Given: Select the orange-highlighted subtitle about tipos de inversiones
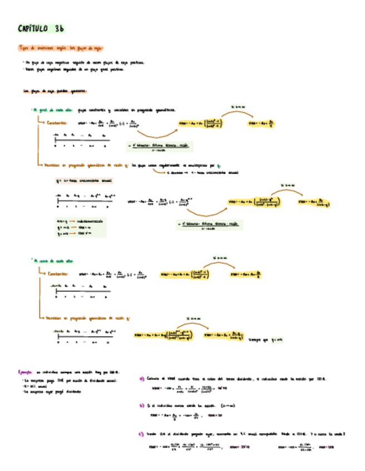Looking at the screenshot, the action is [62, 48].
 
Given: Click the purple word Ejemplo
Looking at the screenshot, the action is [26, 372].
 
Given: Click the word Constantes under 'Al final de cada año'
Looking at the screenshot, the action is [60, 123].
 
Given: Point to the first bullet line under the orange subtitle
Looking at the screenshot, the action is [83, 63].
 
